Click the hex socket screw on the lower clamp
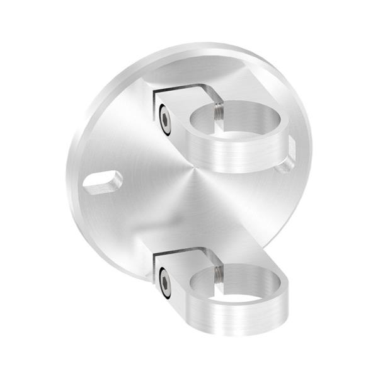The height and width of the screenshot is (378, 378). tap(164, 282)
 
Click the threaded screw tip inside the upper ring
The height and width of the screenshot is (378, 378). tap(215, 112)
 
